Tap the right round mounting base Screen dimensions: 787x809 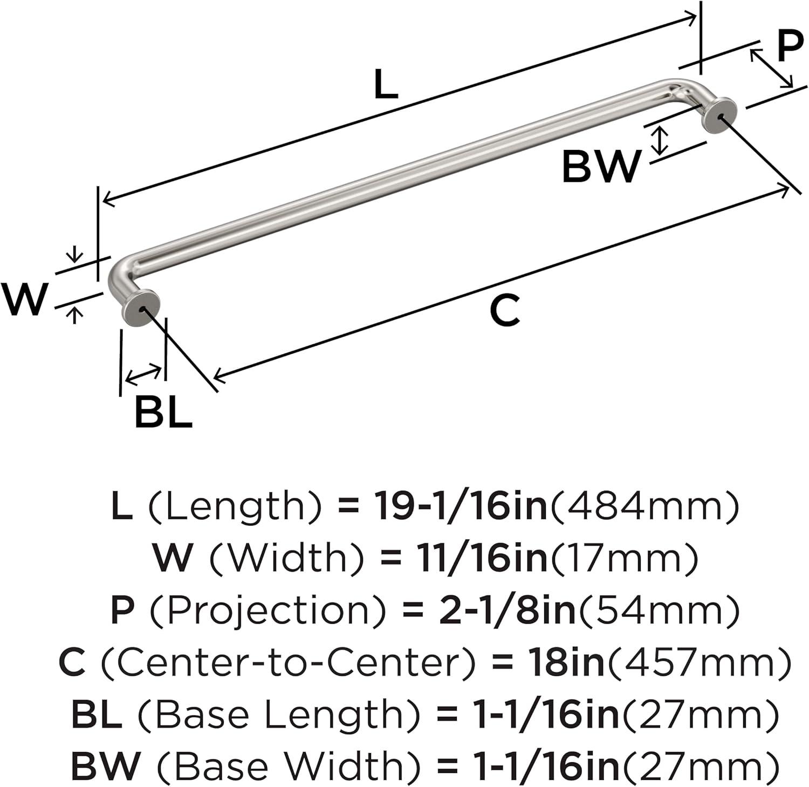click(720, 115)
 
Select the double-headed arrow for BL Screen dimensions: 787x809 click(143, 374)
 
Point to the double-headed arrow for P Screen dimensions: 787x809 click(771, 68)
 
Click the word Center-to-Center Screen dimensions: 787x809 click(288, 662)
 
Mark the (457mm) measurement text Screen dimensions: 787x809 click(699, 662)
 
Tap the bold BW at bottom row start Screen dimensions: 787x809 click(106, 766)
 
